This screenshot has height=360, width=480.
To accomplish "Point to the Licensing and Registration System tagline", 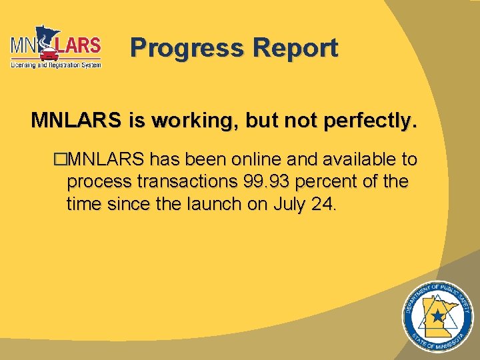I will [x=56, y=65].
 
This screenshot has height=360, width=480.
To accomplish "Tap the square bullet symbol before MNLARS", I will [x=61, y=160].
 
